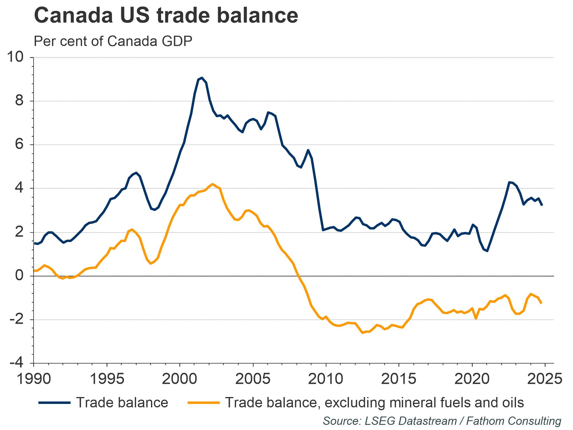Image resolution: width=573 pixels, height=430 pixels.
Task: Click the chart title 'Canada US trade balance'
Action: point(166,16)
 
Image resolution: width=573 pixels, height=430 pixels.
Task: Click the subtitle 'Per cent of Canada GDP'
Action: point(113,41)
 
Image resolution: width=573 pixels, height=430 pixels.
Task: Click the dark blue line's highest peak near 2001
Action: point(202,78)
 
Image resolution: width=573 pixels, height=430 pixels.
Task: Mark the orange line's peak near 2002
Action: point(212,184)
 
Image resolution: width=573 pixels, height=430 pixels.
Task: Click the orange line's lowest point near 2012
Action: point(362,333)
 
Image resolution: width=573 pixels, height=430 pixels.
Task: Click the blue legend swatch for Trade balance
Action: point(54,402)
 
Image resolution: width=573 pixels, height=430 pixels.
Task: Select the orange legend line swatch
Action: point(204,402)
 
